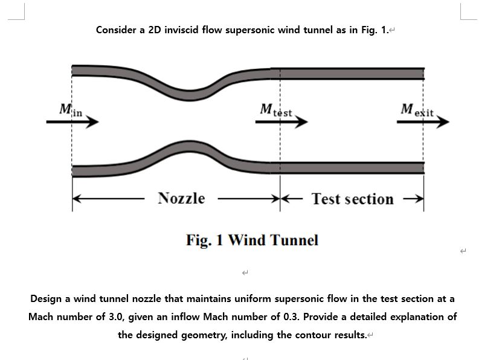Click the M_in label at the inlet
coord(70,111)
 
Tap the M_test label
coord(275,111)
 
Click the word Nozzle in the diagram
coord(181,198)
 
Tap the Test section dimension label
coord(352,199)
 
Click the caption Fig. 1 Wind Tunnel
coord(252,240)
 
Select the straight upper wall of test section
coord(350,74)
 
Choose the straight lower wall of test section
coord(350,167)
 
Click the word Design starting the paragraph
coord(47,298)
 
